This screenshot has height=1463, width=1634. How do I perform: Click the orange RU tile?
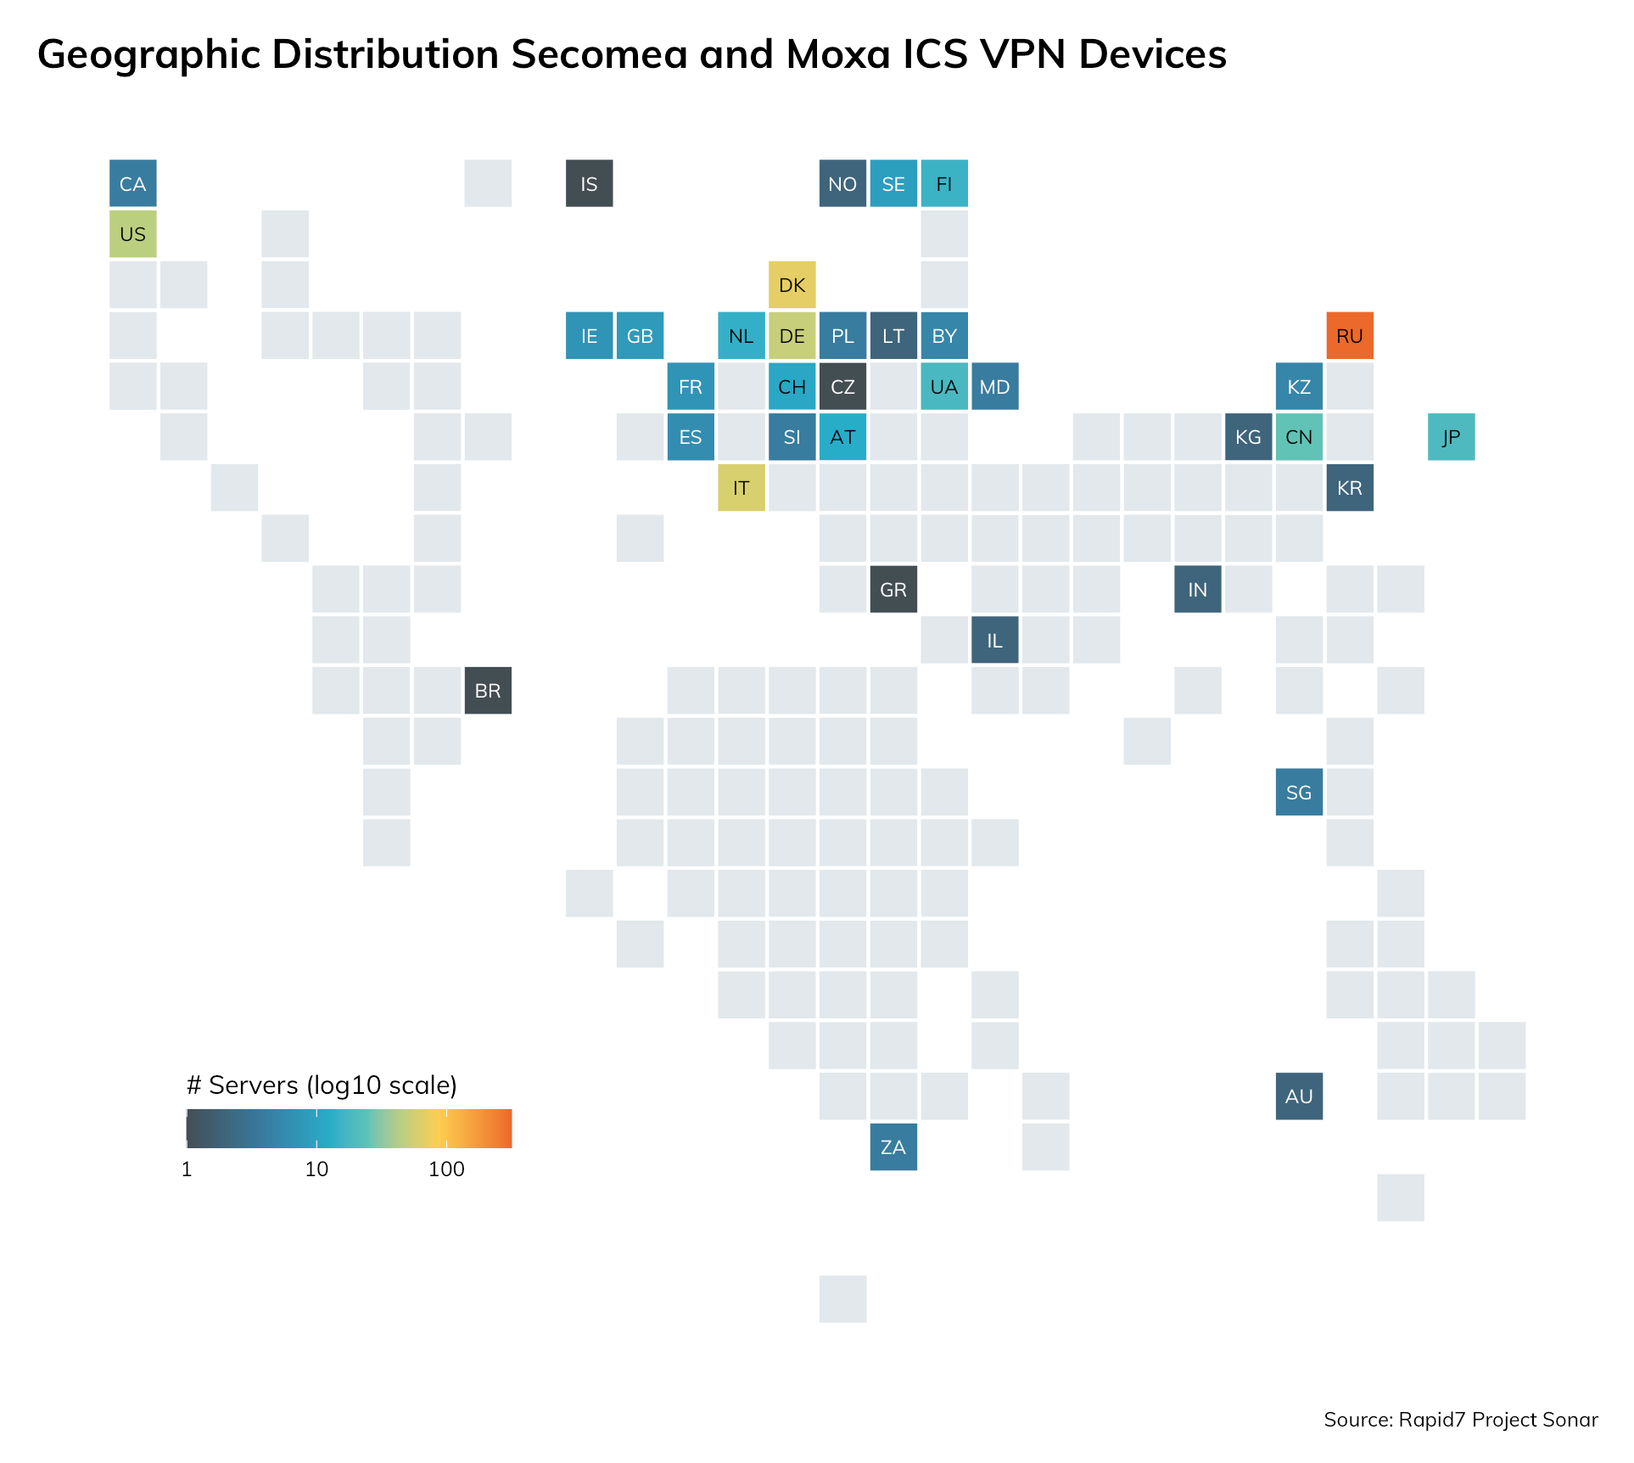[1349, 335]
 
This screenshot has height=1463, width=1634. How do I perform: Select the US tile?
[133, 234]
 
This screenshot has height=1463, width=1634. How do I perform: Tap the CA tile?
[133, 183]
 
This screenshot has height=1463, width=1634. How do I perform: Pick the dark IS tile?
[589, 183]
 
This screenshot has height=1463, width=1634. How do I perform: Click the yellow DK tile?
[792, 284]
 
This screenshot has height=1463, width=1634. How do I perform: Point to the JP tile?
[1451, 437]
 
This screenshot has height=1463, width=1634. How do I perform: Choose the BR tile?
[488, 691]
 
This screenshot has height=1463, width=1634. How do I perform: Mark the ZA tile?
[893, 1147]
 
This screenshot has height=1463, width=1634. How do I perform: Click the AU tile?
[1299, 1096]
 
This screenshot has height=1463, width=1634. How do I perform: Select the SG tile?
[1299, 792]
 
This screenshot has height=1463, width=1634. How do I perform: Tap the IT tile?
[741, 488]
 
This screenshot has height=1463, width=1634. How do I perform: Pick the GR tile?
[893, 589]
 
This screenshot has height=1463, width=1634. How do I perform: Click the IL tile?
[994, 640]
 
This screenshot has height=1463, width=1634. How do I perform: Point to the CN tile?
[1299, 437]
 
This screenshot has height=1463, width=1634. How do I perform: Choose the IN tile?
[1197, 589]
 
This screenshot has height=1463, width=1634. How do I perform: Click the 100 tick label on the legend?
[446, 1169]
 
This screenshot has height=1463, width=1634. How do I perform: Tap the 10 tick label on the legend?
[316, 1169]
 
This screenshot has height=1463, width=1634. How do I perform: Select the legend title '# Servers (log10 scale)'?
[322, 1085]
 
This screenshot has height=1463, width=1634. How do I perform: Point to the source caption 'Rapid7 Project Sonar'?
[1498, 1420]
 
